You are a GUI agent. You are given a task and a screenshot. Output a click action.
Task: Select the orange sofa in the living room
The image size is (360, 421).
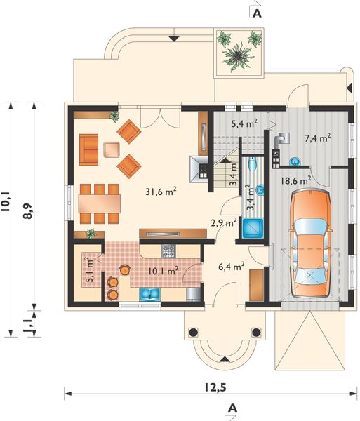90,148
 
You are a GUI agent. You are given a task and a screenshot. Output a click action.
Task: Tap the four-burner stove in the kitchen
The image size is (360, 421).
169,249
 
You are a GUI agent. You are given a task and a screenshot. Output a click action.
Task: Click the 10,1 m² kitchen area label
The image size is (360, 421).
162,269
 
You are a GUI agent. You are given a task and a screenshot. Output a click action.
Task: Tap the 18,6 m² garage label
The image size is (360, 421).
296,180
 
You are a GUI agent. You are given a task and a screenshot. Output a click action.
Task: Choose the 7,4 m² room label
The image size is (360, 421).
316,138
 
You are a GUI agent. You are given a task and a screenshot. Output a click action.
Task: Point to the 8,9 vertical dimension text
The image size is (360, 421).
27,210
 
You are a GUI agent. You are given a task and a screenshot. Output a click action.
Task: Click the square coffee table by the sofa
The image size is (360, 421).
112,149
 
